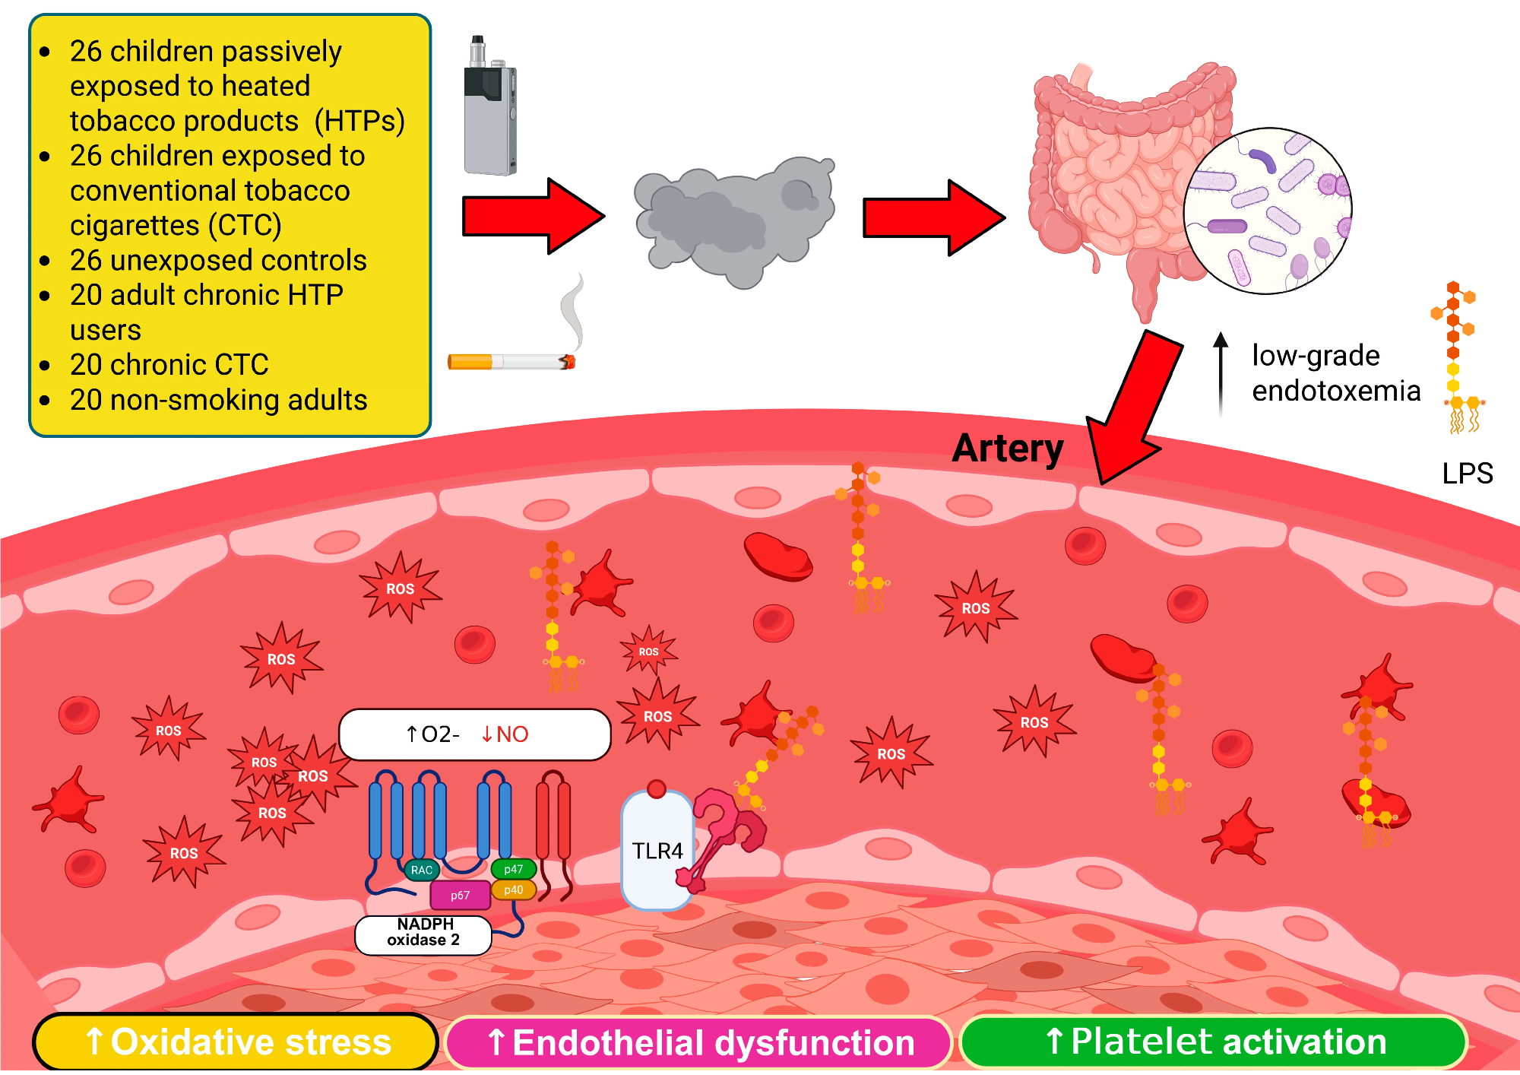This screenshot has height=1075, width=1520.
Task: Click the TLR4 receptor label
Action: (x=657, y=851)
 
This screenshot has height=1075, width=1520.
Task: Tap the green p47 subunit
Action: (x=514, y=869)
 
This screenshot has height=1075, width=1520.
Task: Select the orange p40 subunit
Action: (x=514, y=889)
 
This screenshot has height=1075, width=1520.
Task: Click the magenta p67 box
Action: (x=460, y=896)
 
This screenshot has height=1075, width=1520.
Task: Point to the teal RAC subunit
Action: (x=421, y=870)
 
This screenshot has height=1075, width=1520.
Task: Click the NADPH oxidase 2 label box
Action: (x=423, y=933)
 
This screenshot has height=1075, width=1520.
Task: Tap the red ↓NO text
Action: (x=505, y=734)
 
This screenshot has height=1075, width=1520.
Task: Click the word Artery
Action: (x=1008, y=449)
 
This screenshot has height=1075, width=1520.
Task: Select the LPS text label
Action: (x=1467, y=474)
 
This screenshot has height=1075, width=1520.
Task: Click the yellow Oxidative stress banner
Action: (x=236, y=1042)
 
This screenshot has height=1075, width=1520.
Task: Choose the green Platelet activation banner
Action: (x=1214, y=1042)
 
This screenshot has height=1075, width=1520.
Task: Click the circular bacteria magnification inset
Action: (x=1268, y=211)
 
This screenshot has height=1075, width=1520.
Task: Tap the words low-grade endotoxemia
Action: (x=1335, y=373)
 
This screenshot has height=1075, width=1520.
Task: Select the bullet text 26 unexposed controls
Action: (x=218, y=261)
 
